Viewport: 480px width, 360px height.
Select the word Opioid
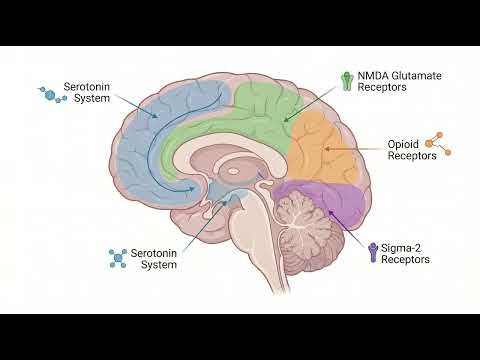(403, 143)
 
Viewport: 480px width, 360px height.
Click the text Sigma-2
(400, 246)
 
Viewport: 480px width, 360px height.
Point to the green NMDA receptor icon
(346, 81)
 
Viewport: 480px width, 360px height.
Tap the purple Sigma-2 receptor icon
(373, 252)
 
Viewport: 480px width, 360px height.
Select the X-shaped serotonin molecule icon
(119, 258)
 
